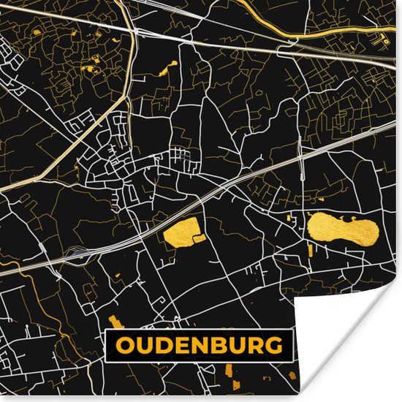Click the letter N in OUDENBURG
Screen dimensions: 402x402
(197, 344)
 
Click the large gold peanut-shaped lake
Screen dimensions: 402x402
(343, 230)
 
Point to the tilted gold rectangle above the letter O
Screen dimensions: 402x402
(115, 322)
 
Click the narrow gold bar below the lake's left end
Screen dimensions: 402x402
(310, 251)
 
